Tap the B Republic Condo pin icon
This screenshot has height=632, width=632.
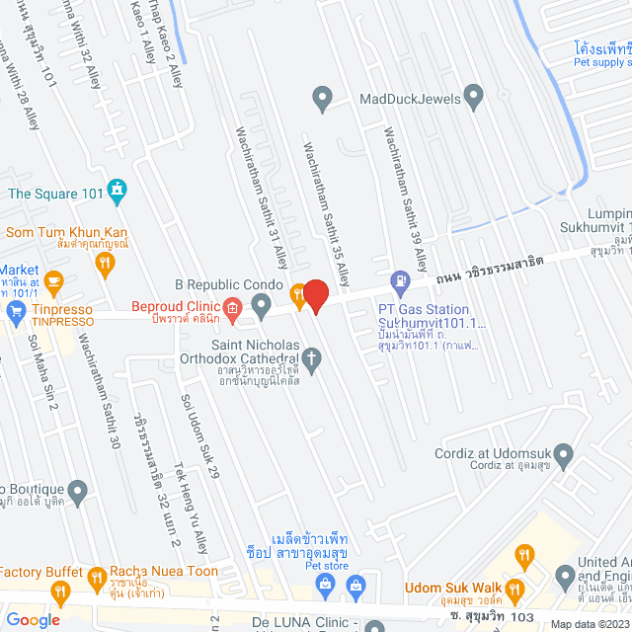[x=261, y=308]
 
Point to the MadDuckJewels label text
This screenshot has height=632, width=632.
[x=396, y=99]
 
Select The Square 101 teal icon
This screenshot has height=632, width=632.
[x=118, y=188]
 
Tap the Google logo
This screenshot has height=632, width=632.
[x=33, y=619]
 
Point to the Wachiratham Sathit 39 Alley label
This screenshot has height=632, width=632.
[x=406, y=198]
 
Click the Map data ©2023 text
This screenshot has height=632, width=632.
[x=588, y=623]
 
